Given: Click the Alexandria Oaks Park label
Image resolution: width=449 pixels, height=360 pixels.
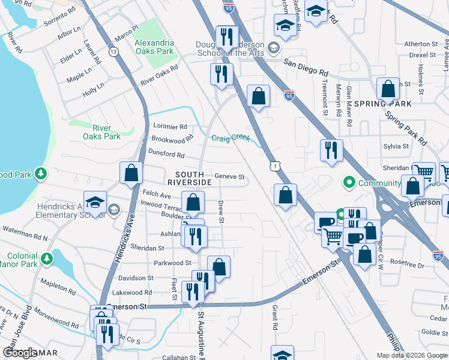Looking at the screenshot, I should pos(154,47).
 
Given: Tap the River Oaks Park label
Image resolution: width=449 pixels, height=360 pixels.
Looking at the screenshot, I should pos(107,132).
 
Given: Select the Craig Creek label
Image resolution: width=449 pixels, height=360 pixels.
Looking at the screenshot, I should pos(231,137).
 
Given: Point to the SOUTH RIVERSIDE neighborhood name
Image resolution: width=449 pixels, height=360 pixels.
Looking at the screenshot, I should pos(189,178).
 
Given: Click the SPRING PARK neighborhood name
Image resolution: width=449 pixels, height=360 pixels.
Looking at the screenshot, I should pos(391,104).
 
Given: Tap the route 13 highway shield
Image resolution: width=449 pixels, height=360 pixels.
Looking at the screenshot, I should pos(113,52).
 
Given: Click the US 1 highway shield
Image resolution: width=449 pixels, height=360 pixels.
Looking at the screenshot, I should pos(274,164).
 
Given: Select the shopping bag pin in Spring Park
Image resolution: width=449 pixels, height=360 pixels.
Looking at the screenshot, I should pos(388,89).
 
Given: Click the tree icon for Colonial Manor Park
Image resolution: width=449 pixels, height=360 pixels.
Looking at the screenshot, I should pos(46,259).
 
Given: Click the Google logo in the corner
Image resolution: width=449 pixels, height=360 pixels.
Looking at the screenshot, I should pos(20,353).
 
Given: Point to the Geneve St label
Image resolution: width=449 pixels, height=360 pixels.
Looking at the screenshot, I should pos(230,177).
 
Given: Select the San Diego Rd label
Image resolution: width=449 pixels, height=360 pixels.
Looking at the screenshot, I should pos(306,62).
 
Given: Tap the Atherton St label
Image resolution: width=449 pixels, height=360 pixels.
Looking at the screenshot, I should pos(421,44).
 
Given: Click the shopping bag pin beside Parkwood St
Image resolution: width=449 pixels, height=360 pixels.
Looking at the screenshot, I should pos(219,267).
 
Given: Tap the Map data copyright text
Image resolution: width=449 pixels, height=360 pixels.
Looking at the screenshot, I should pos(411,355).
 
